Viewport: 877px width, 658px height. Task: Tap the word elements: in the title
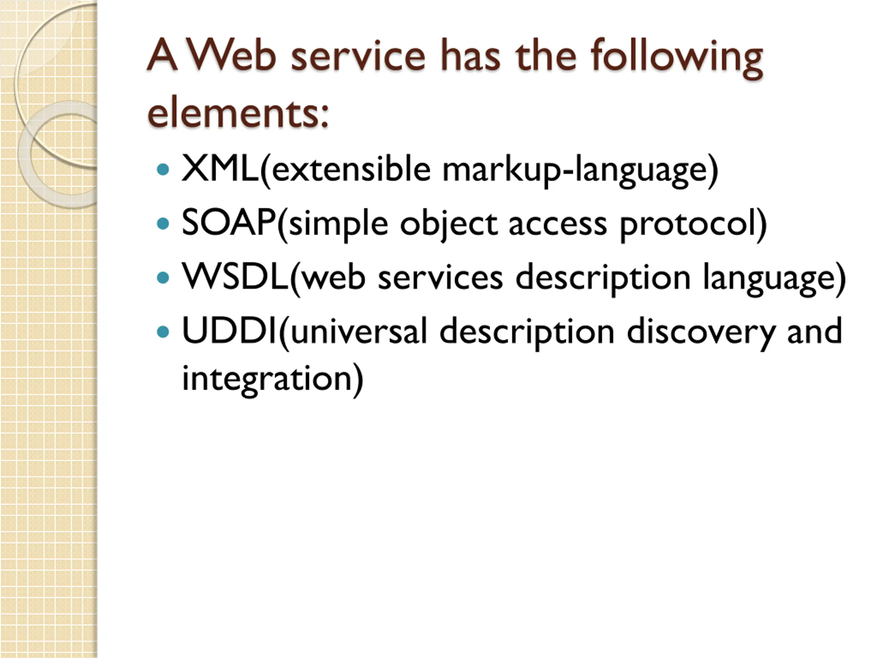pyautogui.click(x=238, y=113)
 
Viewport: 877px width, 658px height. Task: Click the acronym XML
pyautogui.click(x=220, y=169)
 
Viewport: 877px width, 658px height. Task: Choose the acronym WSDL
pyautogui.click(x=235, y=277)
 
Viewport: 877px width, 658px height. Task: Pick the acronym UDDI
pyautogui.click(x=229, y=331)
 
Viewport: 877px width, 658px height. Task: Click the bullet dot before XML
pyautogui.click(x=163, y=170)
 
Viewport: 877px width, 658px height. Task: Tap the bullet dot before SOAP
pyautogui.click(x=163, y=224)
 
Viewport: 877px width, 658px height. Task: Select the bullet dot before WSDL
pyautogui.click(x=163, y=278)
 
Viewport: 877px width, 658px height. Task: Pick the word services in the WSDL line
pyautogui.click(x=441, y=278)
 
